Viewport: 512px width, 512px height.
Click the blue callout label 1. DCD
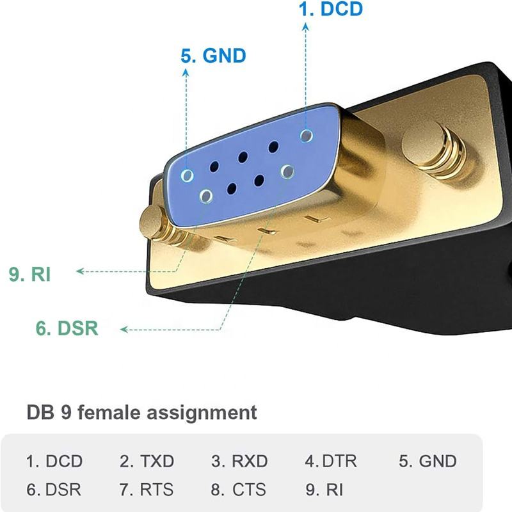coord(330,9)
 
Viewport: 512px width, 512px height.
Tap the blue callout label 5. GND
coord(213,56)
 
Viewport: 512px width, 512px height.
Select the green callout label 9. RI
coord(29,274)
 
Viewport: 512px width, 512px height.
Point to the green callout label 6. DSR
coord(67,328)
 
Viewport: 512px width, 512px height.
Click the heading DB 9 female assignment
coord(141,412)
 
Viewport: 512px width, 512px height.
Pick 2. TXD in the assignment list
coord(147,461)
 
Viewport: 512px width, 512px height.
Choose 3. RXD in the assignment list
coord(239,461)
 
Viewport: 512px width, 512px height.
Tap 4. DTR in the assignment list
coord(331,461)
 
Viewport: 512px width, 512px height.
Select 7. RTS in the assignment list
coord(147,490)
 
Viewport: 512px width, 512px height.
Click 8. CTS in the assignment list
coord(238,490)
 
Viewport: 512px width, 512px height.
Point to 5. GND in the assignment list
coord(428,461)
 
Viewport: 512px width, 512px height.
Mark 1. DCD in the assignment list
coord(54,461)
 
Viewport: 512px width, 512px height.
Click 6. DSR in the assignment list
coord(54,490)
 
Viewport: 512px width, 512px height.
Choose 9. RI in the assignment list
coord(324,490)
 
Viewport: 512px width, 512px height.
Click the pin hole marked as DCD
coord(307,136)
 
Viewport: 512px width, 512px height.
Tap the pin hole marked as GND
coord(187,175)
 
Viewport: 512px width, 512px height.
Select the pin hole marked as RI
coord(206,196)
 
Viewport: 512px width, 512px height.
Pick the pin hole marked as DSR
coord(287,172)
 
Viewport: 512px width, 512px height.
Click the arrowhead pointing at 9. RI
coord(79,271)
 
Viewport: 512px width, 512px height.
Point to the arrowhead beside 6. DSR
coord(124,330)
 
